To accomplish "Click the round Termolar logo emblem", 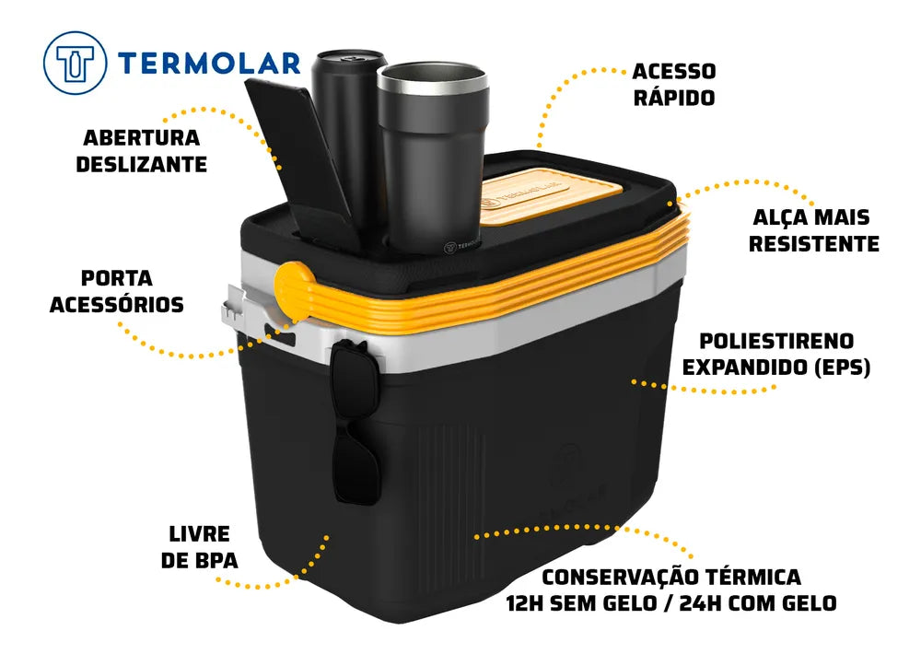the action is (x=76, y=63).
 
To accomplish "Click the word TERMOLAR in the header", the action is (x=209, y=64).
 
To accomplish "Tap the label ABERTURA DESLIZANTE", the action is (x=142, y=150).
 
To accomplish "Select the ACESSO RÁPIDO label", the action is (x=674, y=84).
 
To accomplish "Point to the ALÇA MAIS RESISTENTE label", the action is (x=813, y=230).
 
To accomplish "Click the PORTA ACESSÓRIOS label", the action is (x=117, y=291).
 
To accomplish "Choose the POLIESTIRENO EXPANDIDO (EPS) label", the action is (x=775, y=355).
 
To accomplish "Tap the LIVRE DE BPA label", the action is (x=200, y=547).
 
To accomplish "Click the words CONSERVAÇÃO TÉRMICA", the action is (x=671, y=577).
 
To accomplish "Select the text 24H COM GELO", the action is (x=758, y=603).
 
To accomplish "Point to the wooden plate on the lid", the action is (x=550, y=195).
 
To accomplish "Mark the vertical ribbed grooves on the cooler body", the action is (x=450, y=487).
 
